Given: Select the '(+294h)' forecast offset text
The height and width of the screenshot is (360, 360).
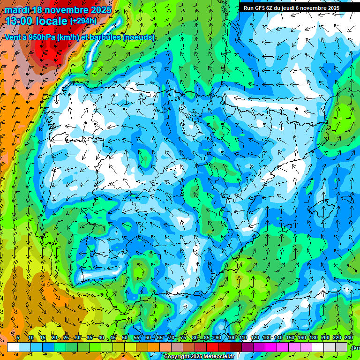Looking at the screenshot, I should point(83,21).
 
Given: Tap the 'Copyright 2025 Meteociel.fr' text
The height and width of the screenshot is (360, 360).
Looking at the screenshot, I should point(199,357).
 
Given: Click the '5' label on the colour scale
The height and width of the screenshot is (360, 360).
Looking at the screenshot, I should point(18,338).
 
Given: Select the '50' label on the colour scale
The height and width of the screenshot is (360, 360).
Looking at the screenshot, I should point(125,338).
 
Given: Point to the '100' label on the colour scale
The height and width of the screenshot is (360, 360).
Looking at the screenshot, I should point(231,338).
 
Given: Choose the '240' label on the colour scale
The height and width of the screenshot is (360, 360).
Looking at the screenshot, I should point(349,338).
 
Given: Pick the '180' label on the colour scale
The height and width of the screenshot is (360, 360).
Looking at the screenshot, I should point(313,338).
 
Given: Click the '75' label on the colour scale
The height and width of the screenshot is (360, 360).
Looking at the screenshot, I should point(183,338).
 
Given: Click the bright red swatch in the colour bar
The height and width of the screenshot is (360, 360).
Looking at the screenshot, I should point(212,347).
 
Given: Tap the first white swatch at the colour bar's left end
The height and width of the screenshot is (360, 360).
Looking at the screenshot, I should point(13,347).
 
